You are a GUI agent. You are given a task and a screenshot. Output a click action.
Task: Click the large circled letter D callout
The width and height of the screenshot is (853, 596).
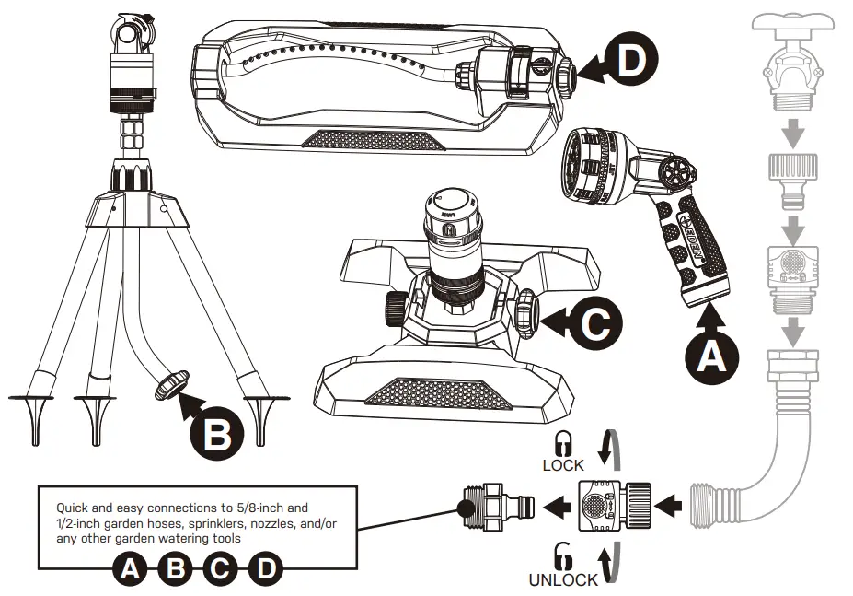631,62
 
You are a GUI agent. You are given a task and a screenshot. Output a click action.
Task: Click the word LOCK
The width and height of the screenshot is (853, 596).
563,465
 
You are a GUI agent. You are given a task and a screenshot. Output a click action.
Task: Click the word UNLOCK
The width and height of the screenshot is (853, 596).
563,579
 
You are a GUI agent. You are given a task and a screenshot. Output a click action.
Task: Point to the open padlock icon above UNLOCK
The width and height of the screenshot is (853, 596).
562,556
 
